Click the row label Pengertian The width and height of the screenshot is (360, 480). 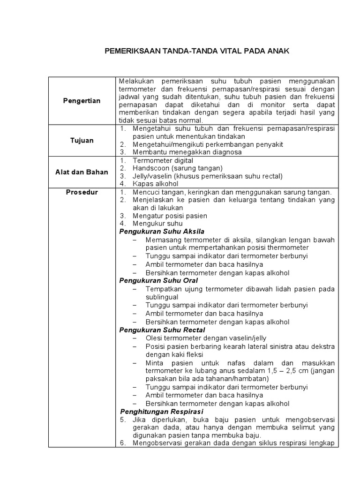pyautogui.click(x=82, y=101)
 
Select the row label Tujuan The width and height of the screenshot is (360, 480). pyautogui.click(x=82, y=140)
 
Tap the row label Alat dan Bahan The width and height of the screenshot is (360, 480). pyautogui.click(x=82, y=172)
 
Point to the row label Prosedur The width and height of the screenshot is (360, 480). pyautogui.click(x=82, y=192)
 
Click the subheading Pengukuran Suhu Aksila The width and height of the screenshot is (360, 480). pyautogui.click(x=162, y=232)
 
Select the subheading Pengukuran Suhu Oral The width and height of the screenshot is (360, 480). pyautogui.click(x=158, y=280)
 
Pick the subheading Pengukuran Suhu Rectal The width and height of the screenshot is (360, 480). pyautogui.click(x=162, y=330)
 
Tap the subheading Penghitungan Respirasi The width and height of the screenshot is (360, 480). pyautogui.click(x=161, y=412)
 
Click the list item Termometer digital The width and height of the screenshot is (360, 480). pyautogui.click(x=163, y=160)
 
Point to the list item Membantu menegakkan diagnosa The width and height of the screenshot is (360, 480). pyautogui.click(x=187, y=152)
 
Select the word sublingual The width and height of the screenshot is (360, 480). pyautogui.click(x=162, y=297)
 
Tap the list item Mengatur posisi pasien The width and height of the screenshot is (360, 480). pyautogui.click(x=170, y=216)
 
